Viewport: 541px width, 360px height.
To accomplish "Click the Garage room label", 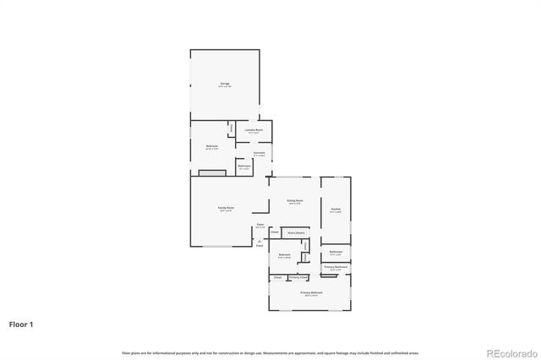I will tap(225, 85).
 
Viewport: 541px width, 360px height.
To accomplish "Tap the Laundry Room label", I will tap(254, 131).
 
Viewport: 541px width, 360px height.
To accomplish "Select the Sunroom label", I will tap(260, 154).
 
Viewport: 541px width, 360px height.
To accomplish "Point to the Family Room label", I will tap(226, 208).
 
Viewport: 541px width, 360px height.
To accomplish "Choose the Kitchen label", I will tap(336, 210).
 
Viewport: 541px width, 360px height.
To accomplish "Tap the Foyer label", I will tap(260, 226).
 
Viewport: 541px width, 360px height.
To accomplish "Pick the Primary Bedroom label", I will tap(310, 293).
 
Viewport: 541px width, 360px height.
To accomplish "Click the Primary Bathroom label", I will tap(336, 268).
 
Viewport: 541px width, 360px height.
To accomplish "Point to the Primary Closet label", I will tap(298, 277).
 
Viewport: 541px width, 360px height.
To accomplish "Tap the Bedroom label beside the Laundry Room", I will tap(211, 146).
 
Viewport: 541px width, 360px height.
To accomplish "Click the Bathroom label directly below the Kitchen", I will tap(336, 253).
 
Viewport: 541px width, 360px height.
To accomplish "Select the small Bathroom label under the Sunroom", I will tap(243, 167).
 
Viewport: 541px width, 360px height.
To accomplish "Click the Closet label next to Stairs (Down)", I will tap(275, 231).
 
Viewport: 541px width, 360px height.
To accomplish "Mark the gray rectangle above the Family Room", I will tap(211, 172).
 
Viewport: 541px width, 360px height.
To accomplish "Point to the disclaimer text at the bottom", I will tap(270, 352).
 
